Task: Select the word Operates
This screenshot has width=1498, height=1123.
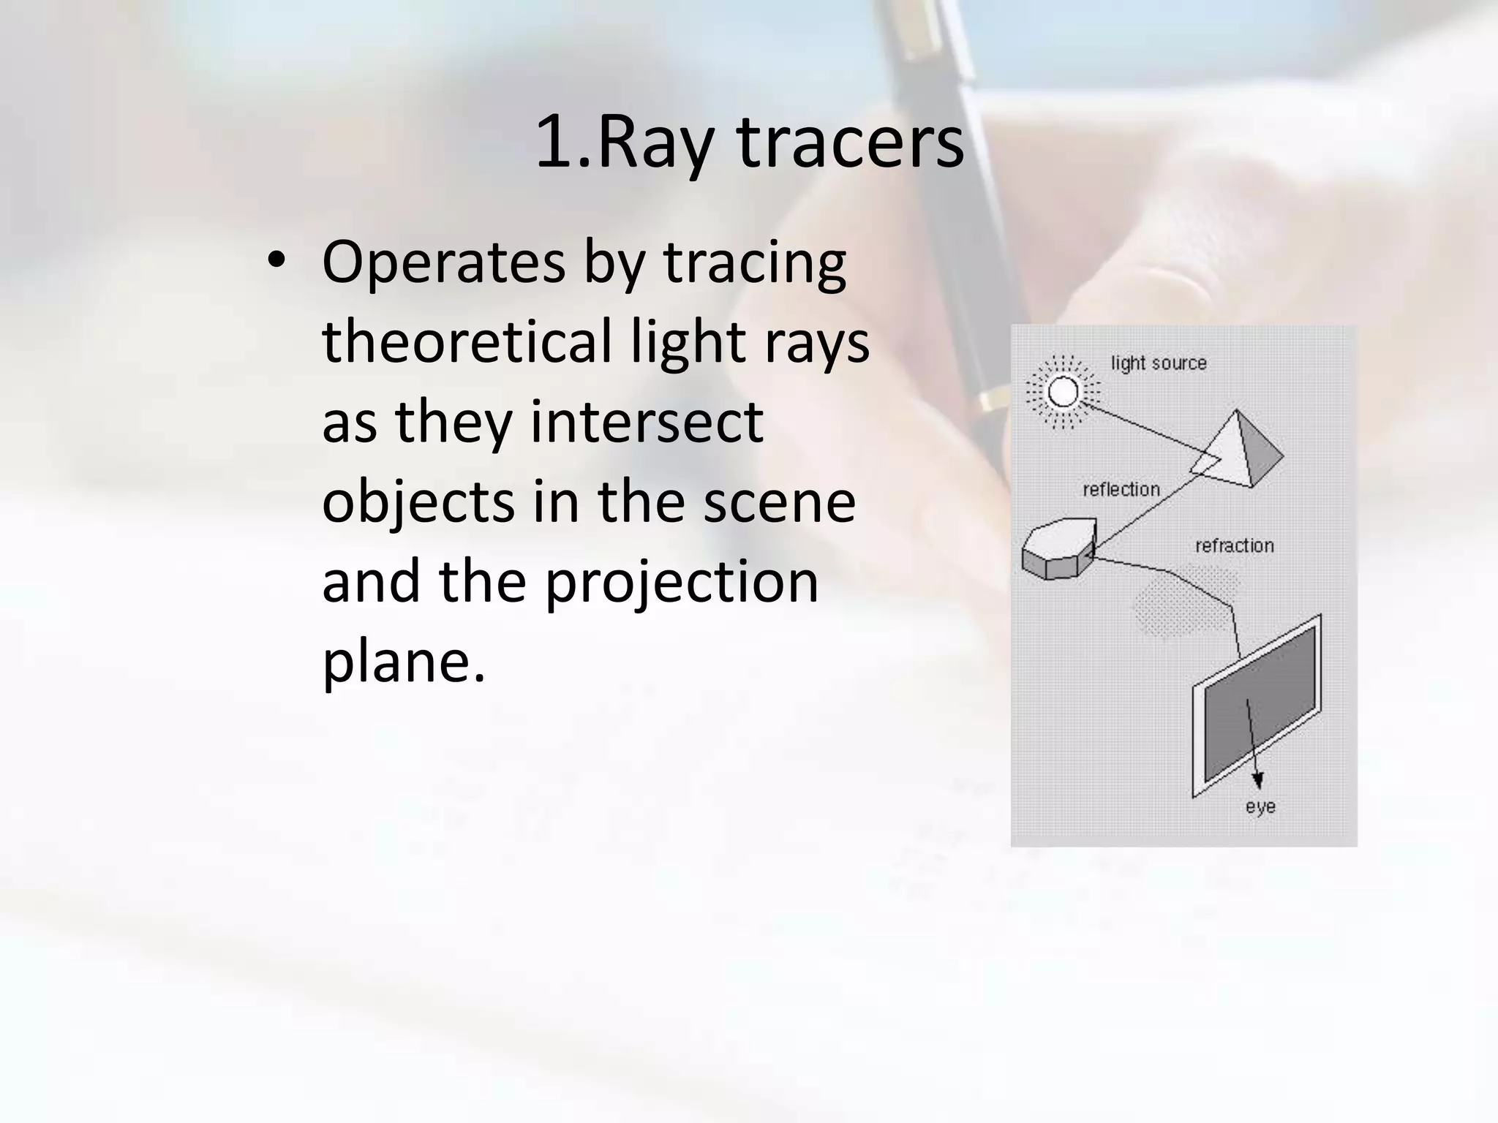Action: click(443, 263)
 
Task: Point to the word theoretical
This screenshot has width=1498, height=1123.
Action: click(467, 342)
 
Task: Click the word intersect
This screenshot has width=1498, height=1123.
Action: click(647, 422)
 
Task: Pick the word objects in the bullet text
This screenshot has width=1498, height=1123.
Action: click(418, 503)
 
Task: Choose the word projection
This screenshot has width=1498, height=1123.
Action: click(682, 583)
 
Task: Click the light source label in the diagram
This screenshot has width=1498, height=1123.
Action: click(1159, 363)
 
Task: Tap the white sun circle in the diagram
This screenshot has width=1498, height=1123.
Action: click(1063, 392)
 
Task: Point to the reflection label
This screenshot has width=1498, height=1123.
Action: click(1121, 489)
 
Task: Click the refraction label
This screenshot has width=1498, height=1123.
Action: click(1234, 545)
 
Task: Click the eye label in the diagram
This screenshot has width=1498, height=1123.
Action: click(1260, 806)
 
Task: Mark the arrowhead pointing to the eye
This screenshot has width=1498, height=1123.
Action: click(1257, 780)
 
